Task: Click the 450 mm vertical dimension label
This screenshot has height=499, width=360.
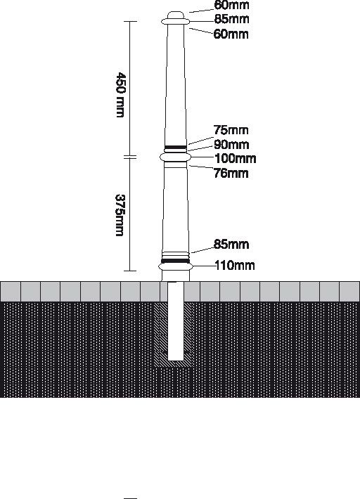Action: coord(121,95)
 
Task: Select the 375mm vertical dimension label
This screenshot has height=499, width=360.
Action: coord(120,215)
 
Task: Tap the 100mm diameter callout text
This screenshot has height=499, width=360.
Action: coord(236,158)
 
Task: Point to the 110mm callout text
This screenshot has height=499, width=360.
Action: coord(235,265)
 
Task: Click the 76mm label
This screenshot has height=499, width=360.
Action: coord(231,173)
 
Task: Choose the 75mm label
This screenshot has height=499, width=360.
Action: coord(231,130)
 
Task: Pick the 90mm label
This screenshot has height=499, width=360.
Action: coord(231,145)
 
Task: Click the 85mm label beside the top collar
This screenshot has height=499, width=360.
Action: coord(231,19)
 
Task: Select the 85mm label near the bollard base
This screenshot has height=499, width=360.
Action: coord(231,245)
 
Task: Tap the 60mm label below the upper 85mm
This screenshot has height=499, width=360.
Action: coord(231,34)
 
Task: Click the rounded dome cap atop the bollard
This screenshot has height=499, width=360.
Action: coord(176,15)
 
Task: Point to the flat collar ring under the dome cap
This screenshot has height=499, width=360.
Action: coord(176,22)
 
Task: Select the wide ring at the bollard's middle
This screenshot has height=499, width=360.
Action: coord(175,157)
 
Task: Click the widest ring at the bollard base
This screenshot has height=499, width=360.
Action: coord(176,266)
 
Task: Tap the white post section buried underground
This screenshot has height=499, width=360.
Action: coord(176,321)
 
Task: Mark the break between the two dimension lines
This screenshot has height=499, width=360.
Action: coord(130,157)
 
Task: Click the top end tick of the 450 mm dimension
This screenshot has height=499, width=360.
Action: coord(130,21)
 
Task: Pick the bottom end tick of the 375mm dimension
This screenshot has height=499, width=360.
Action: coord(130,271)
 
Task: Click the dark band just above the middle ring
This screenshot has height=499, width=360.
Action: coord(175,148)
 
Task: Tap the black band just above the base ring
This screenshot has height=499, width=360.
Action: coord(176,261)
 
